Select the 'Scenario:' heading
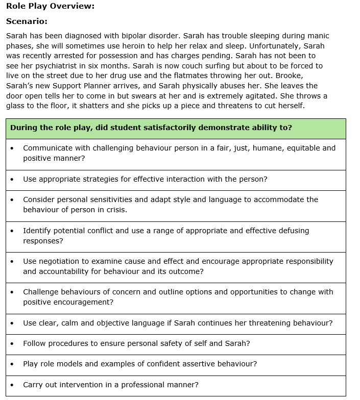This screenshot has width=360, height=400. click(x=27, y=21)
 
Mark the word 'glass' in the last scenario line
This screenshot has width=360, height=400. click(x=16, y=106)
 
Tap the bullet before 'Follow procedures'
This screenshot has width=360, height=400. click(x=12, y=344)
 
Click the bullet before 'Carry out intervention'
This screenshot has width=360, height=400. click(x=12, y=385)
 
